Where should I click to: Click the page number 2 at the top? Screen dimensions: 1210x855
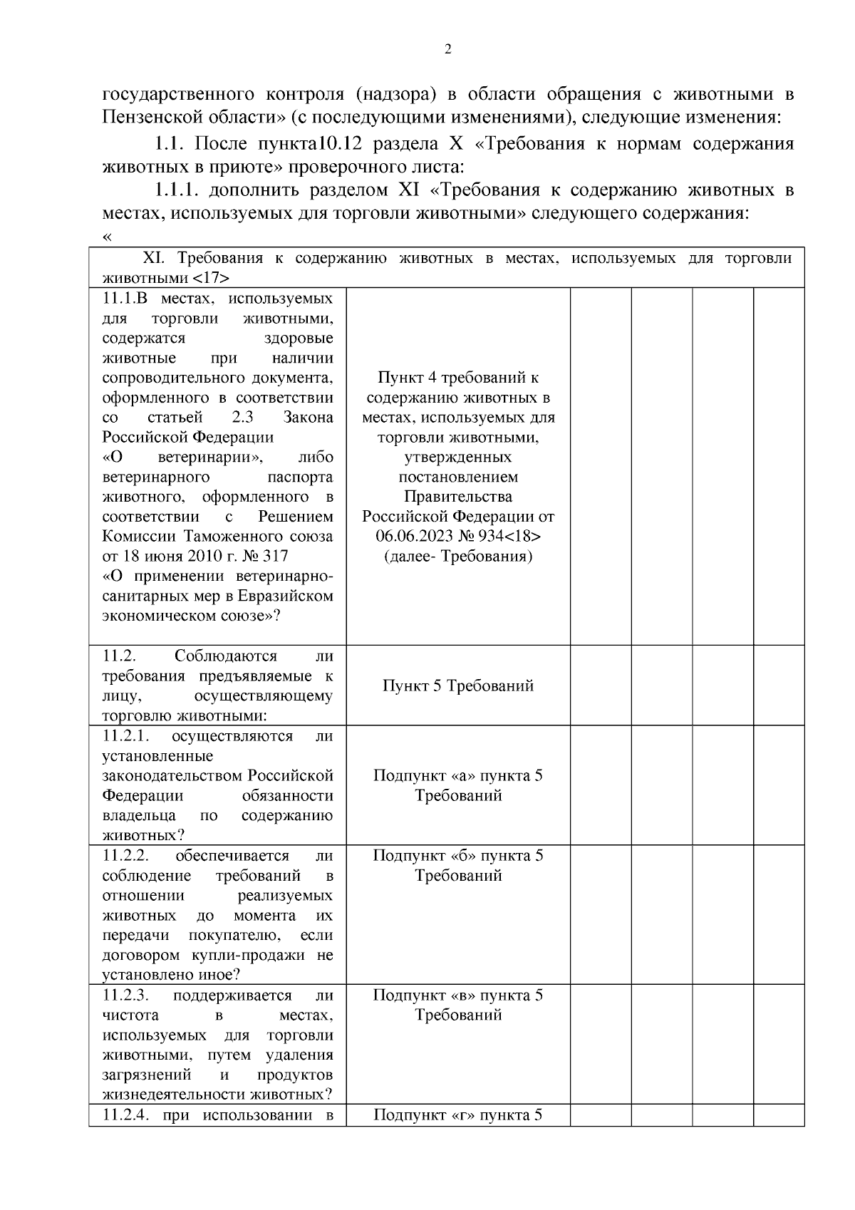coord(447,49)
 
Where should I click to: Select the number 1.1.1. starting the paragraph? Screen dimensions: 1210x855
coord(178,190)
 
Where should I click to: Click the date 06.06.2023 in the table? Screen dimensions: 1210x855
coord(413,536)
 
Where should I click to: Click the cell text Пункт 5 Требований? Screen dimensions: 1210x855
coord(458,686)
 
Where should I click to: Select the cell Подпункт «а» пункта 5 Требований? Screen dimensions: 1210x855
coord(458,785)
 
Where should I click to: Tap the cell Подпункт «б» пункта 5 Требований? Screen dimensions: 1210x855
coord(458,865)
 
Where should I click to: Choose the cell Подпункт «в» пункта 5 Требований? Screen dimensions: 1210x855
coord(458,1005)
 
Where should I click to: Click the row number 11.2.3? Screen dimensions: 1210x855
coord(125,995)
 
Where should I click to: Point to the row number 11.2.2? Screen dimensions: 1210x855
coord(125,855)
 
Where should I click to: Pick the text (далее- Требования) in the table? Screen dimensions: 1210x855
coord(458,556)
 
